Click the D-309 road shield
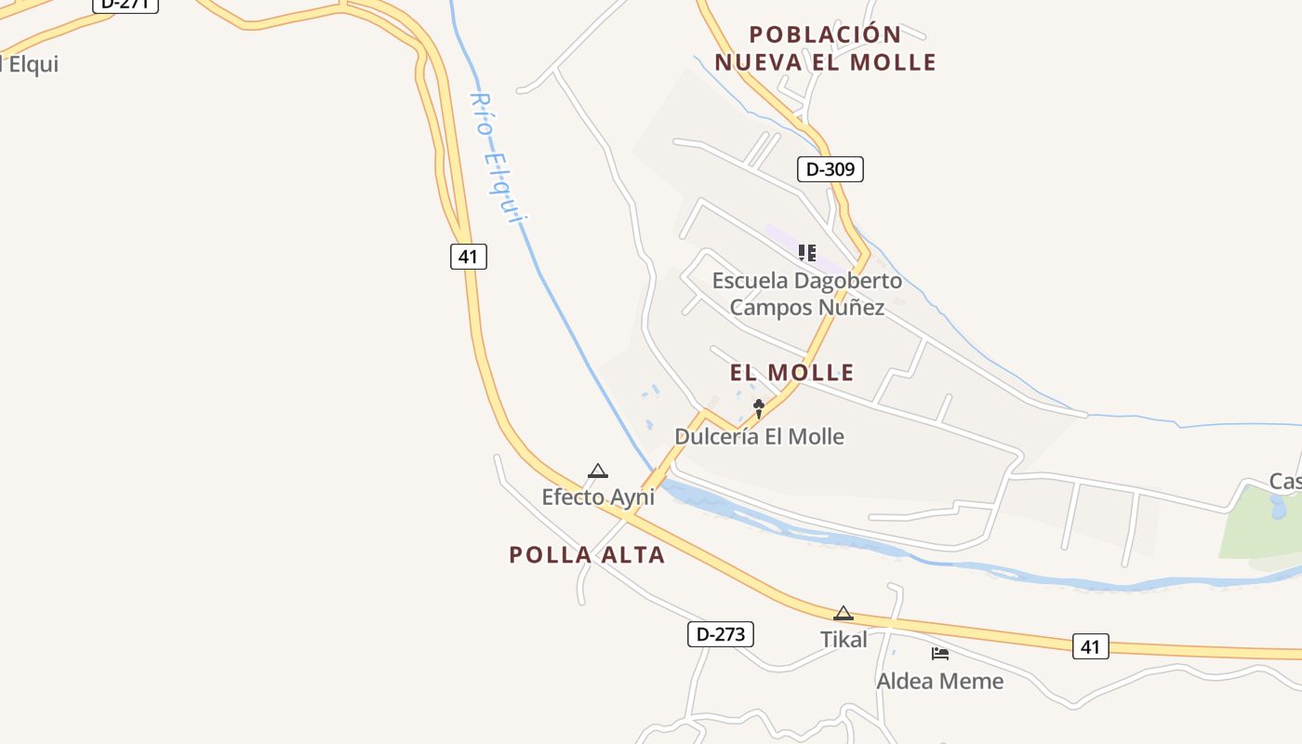[x=830, y=169]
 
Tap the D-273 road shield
[x=720, y=634]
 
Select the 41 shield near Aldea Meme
[x=1090, y=646]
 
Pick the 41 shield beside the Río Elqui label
[x=469, y=256]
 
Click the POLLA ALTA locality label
[x=587, y=555]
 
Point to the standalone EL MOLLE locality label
[x=791, y=373]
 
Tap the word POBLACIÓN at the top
[x=825, y=34]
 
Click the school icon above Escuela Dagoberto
[x=806, y=252]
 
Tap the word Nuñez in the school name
[x=854, y=307]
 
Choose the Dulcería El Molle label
[x=759, y=436]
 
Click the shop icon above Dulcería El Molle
[x=759, y=407]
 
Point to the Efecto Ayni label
[x=598, y=497]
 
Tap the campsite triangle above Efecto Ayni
[x=598, y=472]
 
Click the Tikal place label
[x=843, y=639]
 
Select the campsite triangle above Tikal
[x=843, y=613]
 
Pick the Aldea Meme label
[x=939, y=681]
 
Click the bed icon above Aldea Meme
[x=939, y=654]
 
